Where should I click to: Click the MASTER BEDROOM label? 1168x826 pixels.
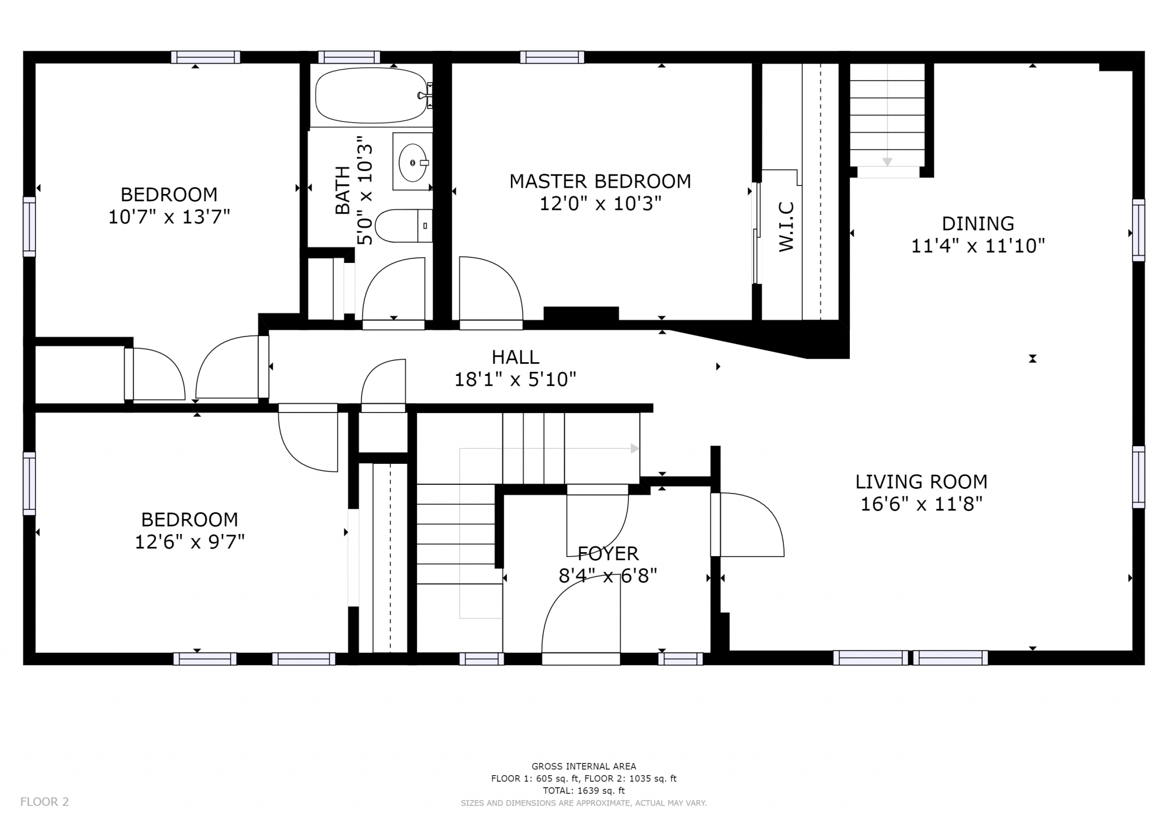[x=600, y=181]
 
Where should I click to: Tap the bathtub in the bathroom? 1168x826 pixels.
[x=372, y=96]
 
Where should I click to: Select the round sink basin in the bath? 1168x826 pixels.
[x=412, y=162]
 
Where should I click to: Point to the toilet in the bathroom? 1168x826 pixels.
[x=404, y=226]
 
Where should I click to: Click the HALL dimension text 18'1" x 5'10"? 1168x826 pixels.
[x=515, y=379]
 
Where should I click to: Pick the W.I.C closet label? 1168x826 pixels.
[x=786, y=226]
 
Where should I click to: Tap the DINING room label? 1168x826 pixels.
[x=978, y=224]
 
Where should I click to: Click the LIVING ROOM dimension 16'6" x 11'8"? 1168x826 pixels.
[x=921, y=504]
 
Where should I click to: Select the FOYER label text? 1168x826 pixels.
[x=608, y=553]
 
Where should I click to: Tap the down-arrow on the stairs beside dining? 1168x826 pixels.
[x=887, y=161]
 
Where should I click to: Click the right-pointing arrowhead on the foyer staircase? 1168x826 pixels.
[x=635, y=449]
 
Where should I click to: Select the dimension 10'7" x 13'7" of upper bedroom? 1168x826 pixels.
[x=169, y=217]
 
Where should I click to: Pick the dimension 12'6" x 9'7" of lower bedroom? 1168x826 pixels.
[x=190, y=542]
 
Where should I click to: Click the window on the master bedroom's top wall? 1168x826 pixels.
[x=552, y=57]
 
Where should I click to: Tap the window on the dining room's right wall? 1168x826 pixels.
[x=1138, y=230]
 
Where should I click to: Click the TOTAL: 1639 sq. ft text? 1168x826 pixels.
[x=584, y=791]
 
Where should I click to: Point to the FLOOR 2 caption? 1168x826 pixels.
[x=44, y=802]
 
